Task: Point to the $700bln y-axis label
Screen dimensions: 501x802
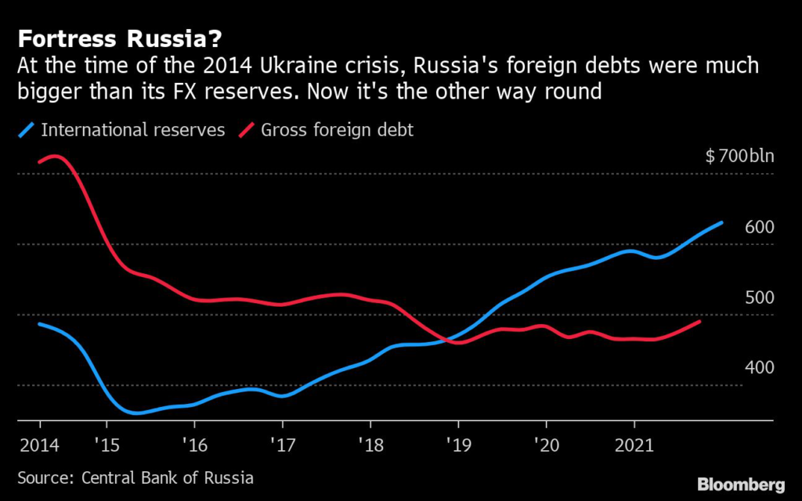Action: click(x=739, y=156)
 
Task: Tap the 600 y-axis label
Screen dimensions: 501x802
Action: click(x=760, y=227)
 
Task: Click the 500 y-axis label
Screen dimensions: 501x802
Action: click(x=760, y=297)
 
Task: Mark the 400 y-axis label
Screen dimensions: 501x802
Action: click(x=760, y=368)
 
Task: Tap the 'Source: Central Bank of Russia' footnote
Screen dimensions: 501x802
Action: click(x=135, y=478)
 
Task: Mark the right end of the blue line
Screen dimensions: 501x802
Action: click(x=721, y=222)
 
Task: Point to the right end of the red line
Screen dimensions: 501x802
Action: click(x=699, y=321)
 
